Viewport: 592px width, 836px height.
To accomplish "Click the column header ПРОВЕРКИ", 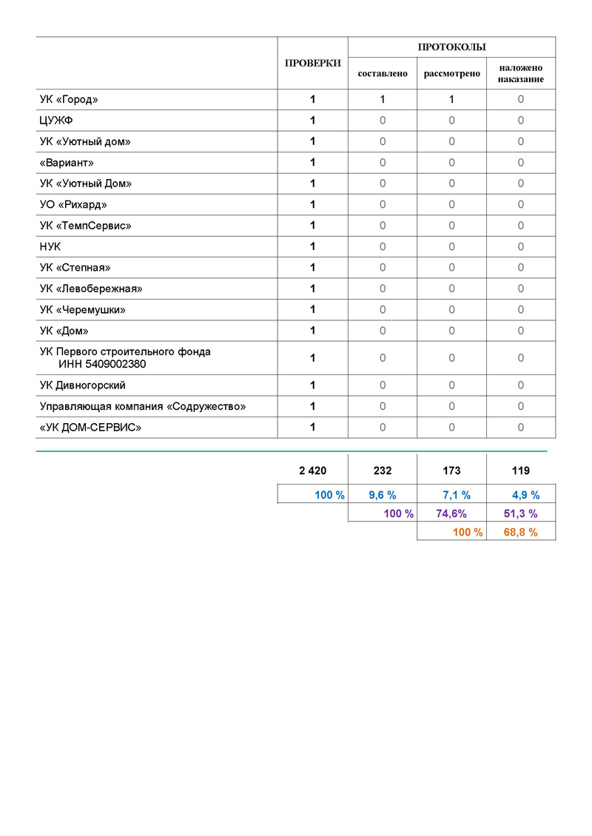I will point(313,63).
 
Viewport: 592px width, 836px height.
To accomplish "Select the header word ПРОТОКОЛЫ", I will point(451,47).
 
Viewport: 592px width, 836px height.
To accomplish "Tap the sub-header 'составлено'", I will point(383,74).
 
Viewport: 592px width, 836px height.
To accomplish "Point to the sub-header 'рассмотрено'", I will point(451,74).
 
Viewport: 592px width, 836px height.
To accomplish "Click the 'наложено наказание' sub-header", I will point(521,73).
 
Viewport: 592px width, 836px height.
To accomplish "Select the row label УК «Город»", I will point(69,99).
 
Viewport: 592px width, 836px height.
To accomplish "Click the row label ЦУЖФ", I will point(56,121).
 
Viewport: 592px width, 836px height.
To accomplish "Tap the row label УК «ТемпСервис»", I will point(85,225).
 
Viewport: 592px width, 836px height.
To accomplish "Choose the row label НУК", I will point(50,246).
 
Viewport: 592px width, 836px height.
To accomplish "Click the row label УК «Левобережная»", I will point(91,288).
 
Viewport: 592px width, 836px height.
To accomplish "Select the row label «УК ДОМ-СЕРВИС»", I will point(90,427).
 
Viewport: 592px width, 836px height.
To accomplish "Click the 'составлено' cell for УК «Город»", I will point(383,99).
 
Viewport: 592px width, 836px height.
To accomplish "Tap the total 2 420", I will point(312,471).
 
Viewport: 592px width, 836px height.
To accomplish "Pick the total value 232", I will point(383,471).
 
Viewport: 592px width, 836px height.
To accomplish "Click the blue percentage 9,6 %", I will point(383,495).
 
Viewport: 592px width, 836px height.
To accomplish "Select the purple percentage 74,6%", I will point(451,513).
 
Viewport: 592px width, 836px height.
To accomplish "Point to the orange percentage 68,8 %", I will point(520,532).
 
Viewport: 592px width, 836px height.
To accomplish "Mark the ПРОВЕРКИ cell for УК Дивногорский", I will point(313,385).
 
